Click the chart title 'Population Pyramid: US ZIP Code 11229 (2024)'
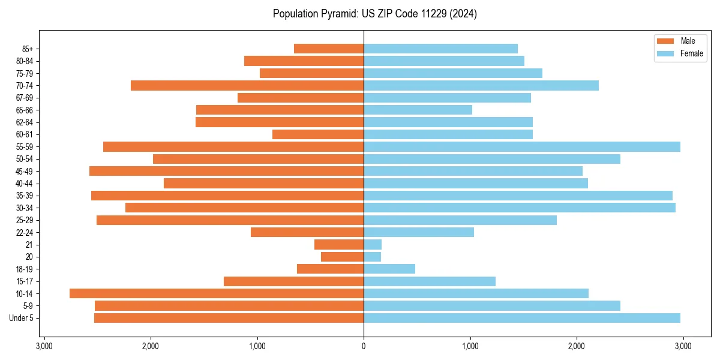coord(374,14)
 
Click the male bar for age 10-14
coord(217,293)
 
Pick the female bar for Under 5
coord(521,318)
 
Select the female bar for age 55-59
coord(521,146)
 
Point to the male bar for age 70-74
coord(247,85)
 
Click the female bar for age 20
coord(372,257)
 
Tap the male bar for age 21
coord(339,245)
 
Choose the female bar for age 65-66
coord(418,110)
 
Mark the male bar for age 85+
coord(329,49)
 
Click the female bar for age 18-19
coord(389,269)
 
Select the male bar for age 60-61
coord(318,134)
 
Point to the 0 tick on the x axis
coord(364,346)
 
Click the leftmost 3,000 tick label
coord(44,346)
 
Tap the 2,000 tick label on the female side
coord(577,346)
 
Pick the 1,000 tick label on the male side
coord(257,346)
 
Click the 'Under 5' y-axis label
coord(21,318)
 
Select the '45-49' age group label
coord(25,171)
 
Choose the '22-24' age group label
coord(25,232)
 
